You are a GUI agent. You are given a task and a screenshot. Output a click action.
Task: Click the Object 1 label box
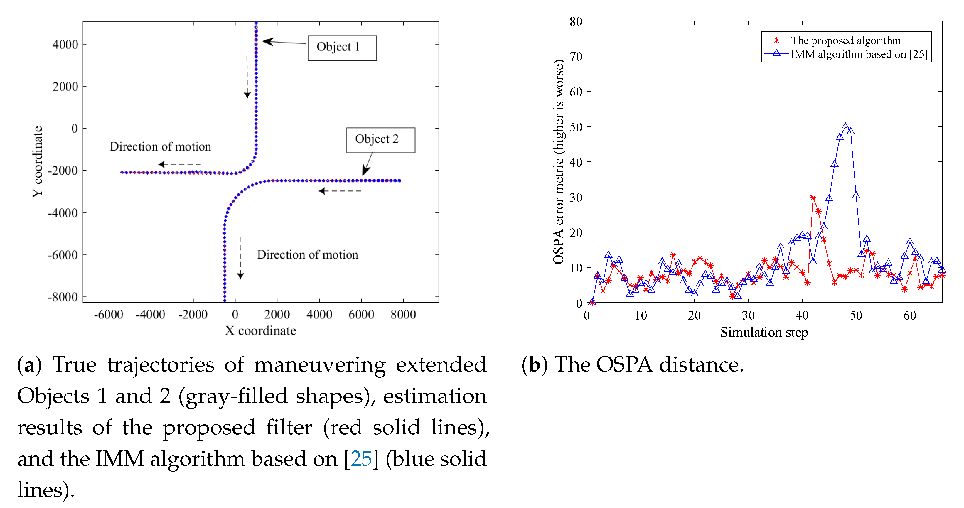[x=342, y=48]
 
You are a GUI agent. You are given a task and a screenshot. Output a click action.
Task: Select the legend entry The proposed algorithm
[x=845, y=40]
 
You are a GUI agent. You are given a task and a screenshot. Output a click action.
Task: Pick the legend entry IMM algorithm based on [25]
[x=858, y=54]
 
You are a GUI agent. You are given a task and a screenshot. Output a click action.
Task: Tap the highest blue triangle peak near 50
[x=845, y=127]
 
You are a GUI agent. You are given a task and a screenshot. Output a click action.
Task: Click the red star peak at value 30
[x=813, y=198]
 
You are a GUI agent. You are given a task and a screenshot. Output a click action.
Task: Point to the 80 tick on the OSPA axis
[x=576, y=22]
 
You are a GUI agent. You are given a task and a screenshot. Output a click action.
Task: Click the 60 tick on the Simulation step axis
[x=910, y=315]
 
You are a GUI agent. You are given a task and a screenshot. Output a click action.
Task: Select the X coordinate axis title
[x=260, y=331]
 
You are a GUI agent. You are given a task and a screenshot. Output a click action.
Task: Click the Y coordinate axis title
[x=37, y=162]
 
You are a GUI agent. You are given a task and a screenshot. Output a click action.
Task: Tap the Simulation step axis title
[x=764, y=332]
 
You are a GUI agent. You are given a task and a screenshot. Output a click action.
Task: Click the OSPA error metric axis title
[x=558, y=162]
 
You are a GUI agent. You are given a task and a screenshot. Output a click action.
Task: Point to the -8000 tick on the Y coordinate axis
[x=63, y=297]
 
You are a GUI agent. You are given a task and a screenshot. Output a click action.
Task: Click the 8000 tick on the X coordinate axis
[x=403, y=315]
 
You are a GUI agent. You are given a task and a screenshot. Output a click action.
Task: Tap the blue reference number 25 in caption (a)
[x=361, y=459]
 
